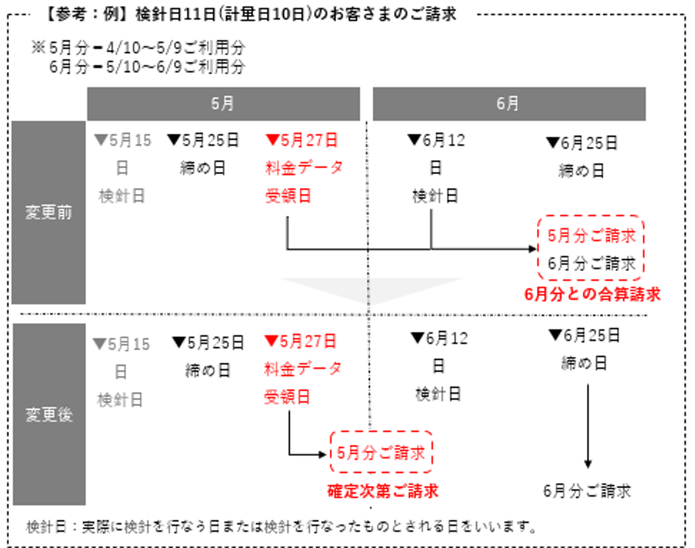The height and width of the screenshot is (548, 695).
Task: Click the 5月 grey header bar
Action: (223, 104)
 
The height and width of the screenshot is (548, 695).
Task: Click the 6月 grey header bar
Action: (510, 104)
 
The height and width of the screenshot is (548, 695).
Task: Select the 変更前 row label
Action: (49, 212)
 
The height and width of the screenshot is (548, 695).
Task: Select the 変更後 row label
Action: (49, 414)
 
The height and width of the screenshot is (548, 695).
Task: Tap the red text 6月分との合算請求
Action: (592, 295)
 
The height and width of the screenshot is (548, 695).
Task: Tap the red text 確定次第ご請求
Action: (383, 491)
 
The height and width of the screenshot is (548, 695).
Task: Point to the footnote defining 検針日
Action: (281, 527)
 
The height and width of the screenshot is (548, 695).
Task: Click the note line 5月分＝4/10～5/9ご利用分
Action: (138, 48)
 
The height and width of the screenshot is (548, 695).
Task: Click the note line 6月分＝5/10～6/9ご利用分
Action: (147, 67)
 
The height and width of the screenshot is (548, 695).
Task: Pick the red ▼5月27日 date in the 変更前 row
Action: (302, 140)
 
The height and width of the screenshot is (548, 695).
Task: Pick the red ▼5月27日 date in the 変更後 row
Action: (301, 341)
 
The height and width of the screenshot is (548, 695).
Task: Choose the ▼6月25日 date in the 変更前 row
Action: (581, 143)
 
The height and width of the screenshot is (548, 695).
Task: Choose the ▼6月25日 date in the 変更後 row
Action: (584, 336)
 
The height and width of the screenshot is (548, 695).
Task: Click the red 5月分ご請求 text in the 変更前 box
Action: (592, 235)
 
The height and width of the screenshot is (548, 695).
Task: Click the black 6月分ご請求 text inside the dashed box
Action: (592, 263)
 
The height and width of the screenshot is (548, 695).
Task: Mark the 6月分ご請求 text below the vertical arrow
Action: (587, 491)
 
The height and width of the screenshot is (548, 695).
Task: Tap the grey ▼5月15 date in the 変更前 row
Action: (123, 140)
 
